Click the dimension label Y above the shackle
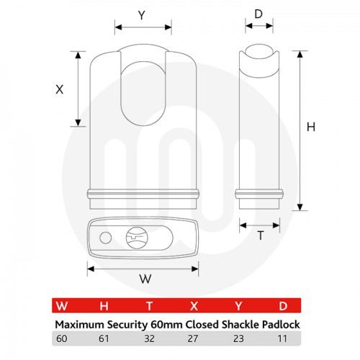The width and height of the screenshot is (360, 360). [x=143, y=14]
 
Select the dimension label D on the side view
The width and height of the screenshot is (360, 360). [x=258, y=14]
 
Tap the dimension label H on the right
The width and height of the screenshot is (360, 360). [x=311, y=127]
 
